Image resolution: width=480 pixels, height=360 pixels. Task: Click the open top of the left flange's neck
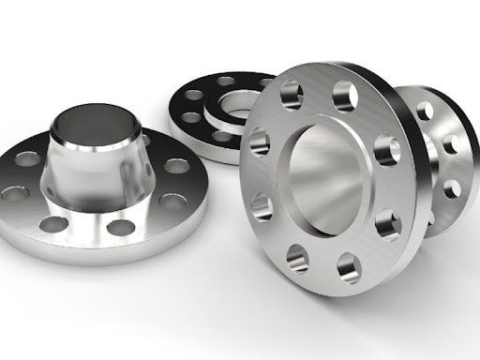pyautogui.click(x=82, y=121)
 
